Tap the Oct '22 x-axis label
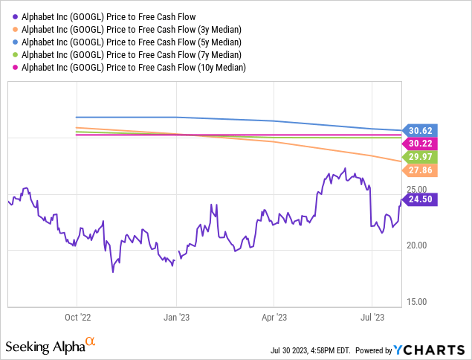click(77, 316)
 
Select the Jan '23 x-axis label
click(176, 316)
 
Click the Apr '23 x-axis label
click(274, 316)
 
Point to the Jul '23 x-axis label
click(372, 316)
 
